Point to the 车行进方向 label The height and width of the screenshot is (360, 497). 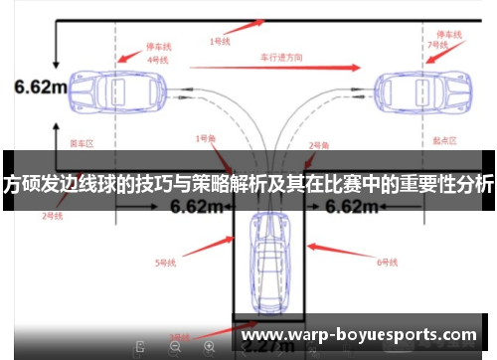pos(282,58)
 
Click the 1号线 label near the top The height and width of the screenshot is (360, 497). pos(220,41)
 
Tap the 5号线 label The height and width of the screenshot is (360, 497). pos(166,263)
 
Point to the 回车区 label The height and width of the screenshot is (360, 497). pos(82,144)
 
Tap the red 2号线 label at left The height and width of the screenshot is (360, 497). pos(53,215)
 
